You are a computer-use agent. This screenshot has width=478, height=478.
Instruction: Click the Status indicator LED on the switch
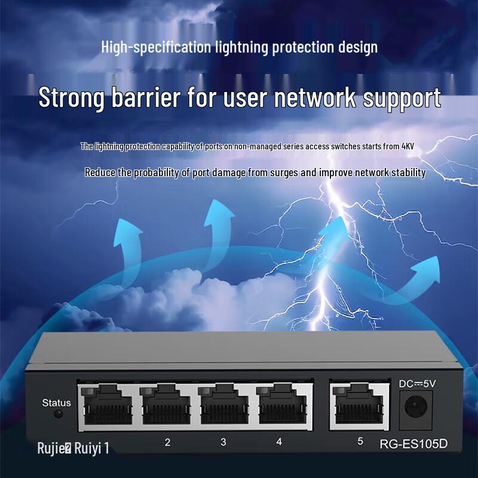[58, 414]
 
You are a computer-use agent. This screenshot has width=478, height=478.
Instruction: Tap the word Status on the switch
[56, 403]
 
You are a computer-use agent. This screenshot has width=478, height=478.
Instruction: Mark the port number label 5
[360, 442]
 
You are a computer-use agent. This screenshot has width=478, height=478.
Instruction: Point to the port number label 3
[223, 442]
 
